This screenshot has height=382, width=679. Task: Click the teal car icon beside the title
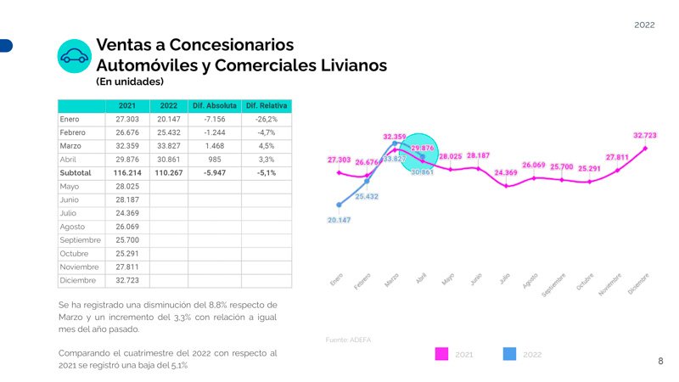[x=74, y=56]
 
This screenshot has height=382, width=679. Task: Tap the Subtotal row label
[x=76, y=172]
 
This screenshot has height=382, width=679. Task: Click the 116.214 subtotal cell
[x=126, y=172]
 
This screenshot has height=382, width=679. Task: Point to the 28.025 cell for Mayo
[x=126, y=186]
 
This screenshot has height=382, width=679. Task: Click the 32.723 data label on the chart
[x=644, y=135]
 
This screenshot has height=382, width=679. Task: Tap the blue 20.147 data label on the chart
[x=339, y=220]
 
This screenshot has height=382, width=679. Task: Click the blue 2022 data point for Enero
[x=339, y=205]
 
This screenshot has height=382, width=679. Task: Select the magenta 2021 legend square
[x=441, y=353]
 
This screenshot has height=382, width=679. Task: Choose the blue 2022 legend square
[x=509, y=353]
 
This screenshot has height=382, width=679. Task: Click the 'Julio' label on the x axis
[x=504, y=278]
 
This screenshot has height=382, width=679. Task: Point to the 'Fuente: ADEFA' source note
[x=348, y=340]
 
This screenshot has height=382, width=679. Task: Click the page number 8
[x=660, y=362]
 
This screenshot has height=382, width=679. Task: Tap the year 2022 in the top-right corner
[x=644, y=25]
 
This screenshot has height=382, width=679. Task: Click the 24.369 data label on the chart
[x=506, y=173]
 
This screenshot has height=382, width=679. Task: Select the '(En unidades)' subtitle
[x=130, y=81]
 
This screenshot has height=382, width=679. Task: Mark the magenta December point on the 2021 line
[x=646, y=149]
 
